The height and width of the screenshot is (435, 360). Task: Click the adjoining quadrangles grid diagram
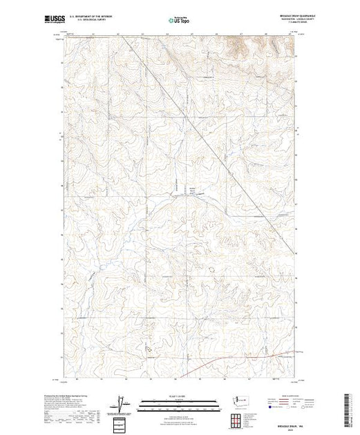click(238, 419)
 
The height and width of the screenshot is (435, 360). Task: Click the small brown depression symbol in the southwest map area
click(147, 349)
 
